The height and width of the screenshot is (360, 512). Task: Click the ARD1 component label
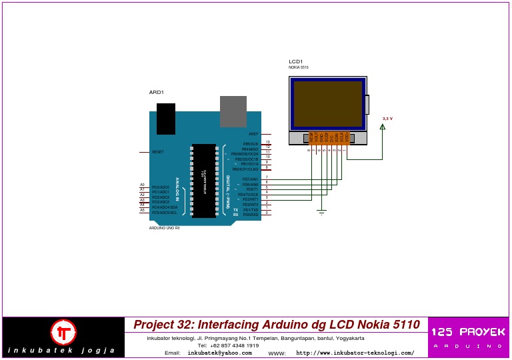pos(156,92)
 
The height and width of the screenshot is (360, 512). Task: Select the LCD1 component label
pos(295,61)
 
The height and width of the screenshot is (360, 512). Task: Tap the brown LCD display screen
pos(327,104)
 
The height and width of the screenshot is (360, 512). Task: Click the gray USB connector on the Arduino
pos(233,111)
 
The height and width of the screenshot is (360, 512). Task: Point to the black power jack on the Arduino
pos(166,119)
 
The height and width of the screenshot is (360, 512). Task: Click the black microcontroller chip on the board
pos(203,180)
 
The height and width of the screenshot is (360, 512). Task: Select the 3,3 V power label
pos(387,119)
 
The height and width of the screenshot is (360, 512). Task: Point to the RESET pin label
pos(158,152)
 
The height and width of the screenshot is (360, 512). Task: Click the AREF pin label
pos(253,134)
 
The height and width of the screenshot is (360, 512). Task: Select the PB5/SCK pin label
pos(251,143)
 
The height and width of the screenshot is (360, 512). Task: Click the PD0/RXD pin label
pos(251,215)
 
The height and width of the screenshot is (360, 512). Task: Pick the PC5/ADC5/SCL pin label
pos(165,213)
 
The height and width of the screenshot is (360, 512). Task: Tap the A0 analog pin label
pos(142,185)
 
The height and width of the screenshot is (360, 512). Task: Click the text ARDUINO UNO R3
pos(164,228)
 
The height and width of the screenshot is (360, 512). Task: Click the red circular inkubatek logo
pos(64,331)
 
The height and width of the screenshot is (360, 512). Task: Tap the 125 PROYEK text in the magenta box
pos(468,331)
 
